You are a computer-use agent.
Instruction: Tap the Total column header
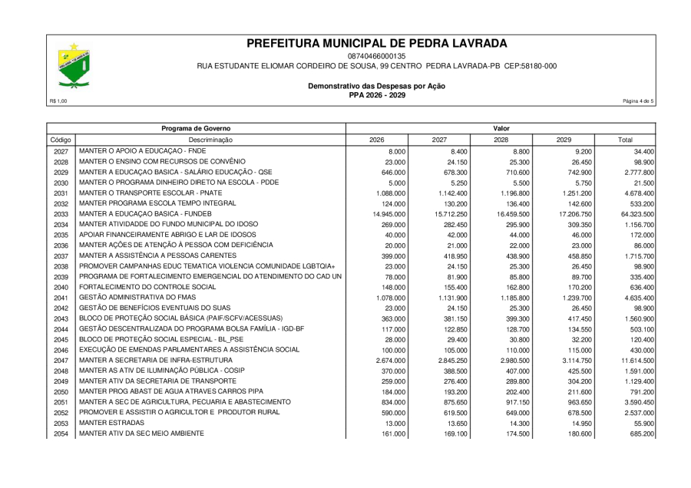tap(626, 140)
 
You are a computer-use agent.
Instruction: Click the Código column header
tap(61, 140)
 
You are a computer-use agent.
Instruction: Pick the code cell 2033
tap(61, 213)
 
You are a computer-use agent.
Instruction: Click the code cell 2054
tap(61, 434)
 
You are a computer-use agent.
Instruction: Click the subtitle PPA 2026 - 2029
tap(376, 95)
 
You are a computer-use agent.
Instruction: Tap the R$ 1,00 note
tap(58, 101)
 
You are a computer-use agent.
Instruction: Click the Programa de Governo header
tap(196, 127)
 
